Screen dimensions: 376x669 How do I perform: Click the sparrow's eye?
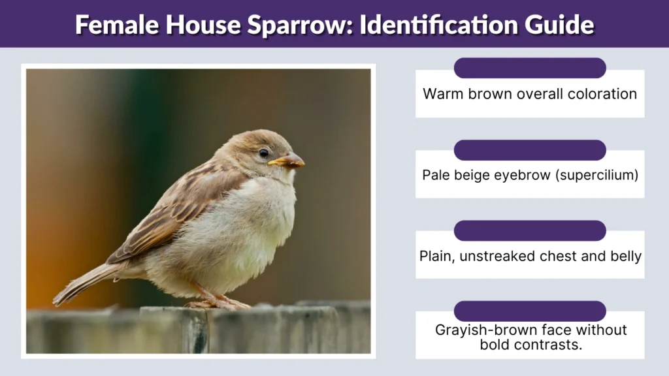[263, 153]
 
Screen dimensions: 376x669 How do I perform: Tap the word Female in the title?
[112, 24]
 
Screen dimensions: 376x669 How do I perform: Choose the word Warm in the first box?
[442, 94]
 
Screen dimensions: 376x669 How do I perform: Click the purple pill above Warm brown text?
[530, 68]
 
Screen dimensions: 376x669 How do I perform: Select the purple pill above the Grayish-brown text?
[530, 311]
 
